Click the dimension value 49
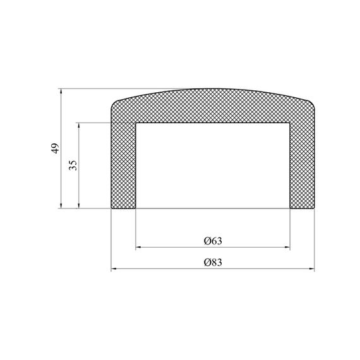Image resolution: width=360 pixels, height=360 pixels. click(56, 148)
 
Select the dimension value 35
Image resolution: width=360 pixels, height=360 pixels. click(73, 165)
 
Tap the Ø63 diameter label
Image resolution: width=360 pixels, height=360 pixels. click(213, 241)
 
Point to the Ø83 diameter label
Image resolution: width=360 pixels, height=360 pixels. click(213, 262)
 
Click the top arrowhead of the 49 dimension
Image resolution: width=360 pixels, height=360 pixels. click(61, 92)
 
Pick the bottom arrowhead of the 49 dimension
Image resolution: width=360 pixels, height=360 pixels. click(61, 205)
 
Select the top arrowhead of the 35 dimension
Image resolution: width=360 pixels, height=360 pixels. click(79, 126)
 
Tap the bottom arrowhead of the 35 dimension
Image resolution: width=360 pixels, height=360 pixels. click(79, 205)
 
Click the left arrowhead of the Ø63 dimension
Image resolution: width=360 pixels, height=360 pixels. click(138, 248)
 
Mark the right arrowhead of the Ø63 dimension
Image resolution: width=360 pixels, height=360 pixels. click(287, 248)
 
